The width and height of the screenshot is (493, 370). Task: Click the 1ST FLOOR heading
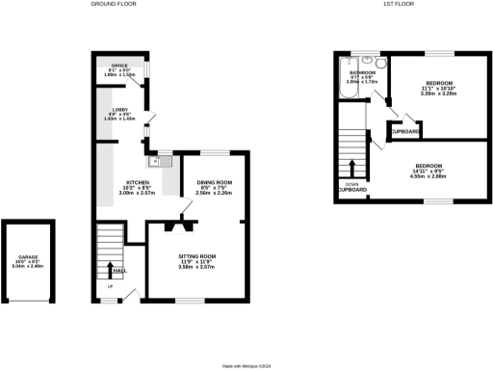pos(397,4)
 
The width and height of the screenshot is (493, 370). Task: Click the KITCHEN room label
pos(129,183)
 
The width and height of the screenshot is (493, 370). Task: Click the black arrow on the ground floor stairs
pos(110,270)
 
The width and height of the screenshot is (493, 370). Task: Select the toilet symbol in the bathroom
pos(382,65)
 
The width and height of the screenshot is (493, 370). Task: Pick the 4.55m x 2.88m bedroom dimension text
pos(429,176)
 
